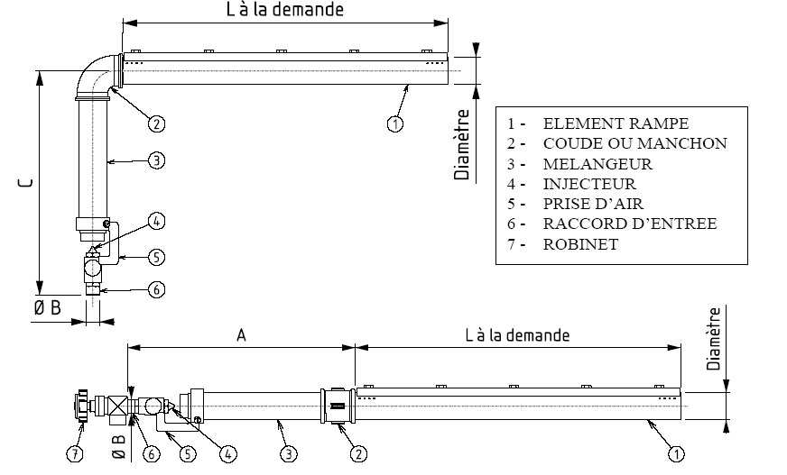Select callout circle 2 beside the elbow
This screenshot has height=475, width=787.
[156, 123]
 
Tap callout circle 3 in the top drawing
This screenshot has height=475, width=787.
[156, 161]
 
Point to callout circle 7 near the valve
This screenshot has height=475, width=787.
[75, 454]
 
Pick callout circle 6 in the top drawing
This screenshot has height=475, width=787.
[156, 290]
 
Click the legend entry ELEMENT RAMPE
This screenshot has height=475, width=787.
[616, 123]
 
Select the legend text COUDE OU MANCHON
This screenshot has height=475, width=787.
[634, 143]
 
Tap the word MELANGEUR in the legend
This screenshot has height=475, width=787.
[597, 164]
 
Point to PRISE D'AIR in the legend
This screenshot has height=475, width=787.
[593, 205]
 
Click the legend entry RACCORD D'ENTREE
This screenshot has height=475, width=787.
[630, 224]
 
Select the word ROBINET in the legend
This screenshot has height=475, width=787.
[580, 244]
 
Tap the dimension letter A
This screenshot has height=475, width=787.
[241, 335]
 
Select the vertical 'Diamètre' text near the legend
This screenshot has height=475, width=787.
[462, 145]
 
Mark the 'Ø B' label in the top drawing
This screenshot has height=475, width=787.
[47, 307]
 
